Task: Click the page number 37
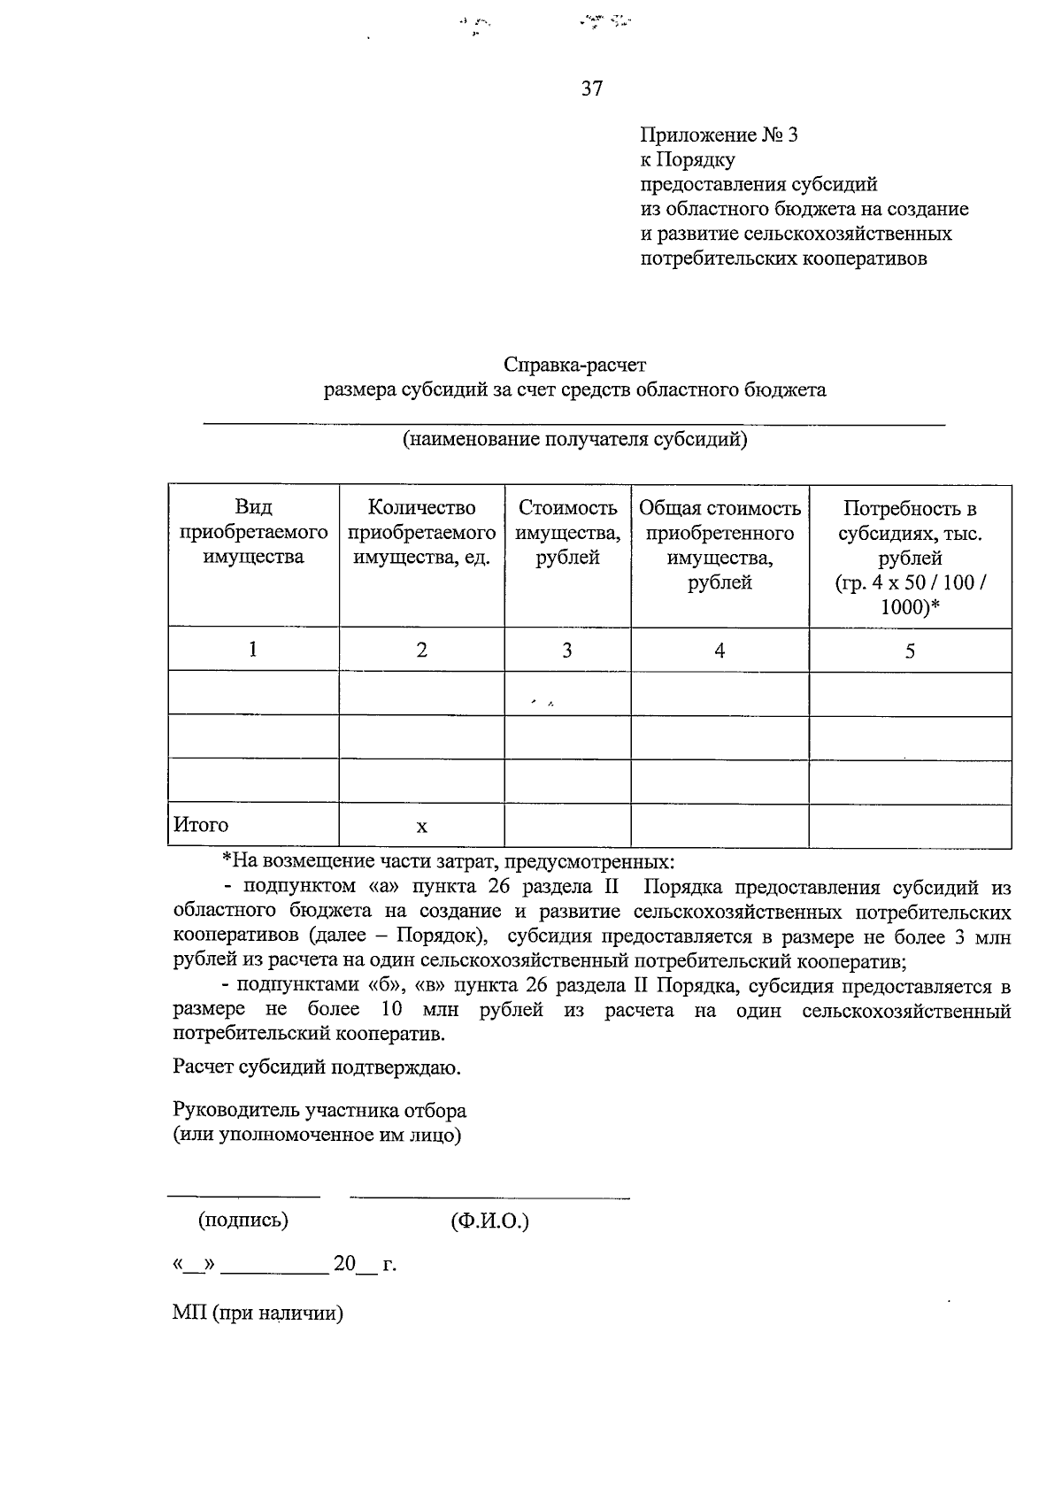coord(592,89)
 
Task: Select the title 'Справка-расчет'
coord(575,365)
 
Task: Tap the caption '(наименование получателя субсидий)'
coord(575,440)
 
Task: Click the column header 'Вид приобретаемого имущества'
coord(253,532)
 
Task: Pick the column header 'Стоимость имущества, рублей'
coord(567,532)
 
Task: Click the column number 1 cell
coord(253,650)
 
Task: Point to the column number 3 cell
coord(567,651)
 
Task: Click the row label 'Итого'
coord(201,825)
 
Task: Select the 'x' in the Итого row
coord(422,827)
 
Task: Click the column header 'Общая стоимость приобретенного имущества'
coord(720,544)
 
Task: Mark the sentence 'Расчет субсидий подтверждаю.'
coord(318,1067)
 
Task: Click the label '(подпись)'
coord(243,1221)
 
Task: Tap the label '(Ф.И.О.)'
coord(489,1222)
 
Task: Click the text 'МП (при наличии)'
coord(258,1314)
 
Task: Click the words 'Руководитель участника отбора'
coord(319,1111)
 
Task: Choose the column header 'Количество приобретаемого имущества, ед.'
coord(421,532)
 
